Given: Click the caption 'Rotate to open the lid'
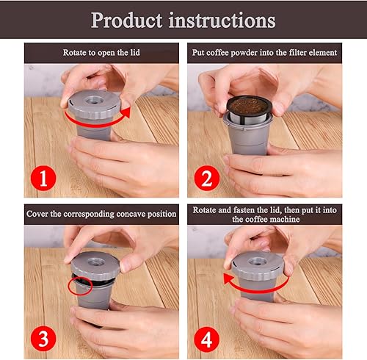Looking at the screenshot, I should point(101,52).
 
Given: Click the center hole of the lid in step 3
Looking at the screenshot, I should point(96,259).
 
